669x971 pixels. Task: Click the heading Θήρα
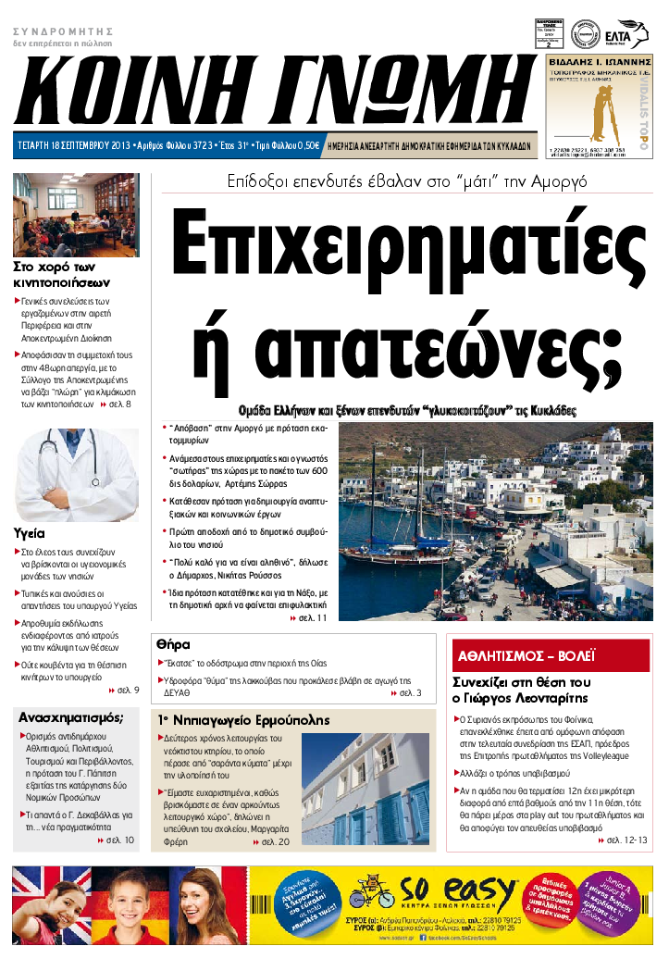click(x=173, y=642)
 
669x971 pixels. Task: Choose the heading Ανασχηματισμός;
click(x=71, y=716)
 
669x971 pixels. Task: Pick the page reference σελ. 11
click(x=312, y=617)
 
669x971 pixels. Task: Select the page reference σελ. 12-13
click(x=626, y=840)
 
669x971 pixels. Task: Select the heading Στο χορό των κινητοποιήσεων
click(x=62, y=275)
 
